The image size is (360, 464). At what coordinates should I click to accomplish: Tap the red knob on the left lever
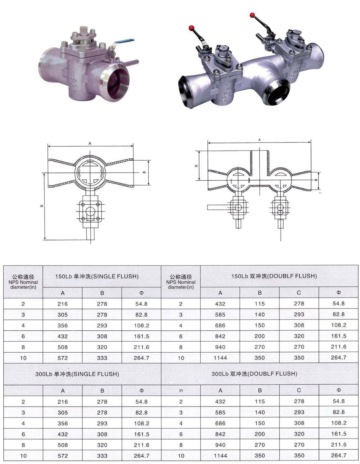click(191, 28)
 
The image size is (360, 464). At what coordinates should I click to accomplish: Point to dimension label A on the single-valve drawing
click(90, 143)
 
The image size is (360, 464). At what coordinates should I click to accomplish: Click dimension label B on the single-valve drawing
click(42, 206)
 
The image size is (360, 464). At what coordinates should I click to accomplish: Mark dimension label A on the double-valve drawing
click(259, 140)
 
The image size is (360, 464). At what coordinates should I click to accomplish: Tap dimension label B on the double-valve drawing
click(196, 166)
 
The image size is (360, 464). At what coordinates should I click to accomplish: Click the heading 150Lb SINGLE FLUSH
click(97, 276)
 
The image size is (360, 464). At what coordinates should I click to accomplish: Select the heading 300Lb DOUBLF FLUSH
click(255, 374)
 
